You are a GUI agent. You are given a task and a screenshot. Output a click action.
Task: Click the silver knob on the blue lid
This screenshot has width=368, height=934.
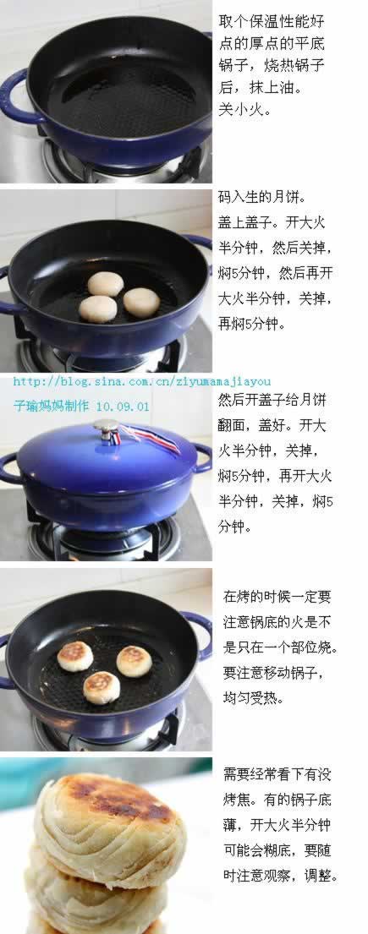(106, 427)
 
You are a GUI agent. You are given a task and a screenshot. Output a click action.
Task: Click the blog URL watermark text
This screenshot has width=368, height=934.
(142, 381)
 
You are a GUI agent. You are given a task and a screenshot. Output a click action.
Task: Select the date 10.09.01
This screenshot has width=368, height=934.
(122, 407)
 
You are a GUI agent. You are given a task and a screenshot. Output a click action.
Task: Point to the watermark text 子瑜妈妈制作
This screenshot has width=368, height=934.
(52, 407)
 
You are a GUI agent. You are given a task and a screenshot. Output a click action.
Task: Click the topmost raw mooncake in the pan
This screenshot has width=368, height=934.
(106, 283)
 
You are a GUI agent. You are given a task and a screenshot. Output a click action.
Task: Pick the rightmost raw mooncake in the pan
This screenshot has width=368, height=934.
(141, 302)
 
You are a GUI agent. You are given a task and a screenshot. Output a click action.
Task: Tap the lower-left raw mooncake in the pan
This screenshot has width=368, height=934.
(98, 309)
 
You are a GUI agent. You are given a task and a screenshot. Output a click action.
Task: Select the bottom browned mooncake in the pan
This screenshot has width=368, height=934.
(102, 687)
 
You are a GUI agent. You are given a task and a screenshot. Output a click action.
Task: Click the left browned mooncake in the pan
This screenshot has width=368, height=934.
(75, 656)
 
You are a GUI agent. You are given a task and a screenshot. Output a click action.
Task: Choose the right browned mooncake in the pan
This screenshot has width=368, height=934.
(134, 661)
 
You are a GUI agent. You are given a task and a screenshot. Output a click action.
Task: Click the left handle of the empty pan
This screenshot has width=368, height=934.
(16, 97)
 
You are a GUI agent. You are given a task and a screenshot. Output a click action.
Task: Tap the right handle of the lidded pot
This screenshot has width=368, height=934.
(202, 457)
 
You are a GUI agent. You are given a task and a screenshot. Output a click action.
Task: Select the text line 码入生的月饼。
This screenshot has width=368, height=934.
(261, 197)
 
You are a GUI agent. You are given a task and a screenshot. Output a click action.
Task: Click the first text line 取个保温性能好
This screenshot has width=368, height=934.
(272, 21)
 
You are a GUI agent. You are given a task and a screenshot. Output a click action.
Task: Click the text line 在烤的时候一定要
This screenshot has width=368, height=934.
(277, 596)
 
